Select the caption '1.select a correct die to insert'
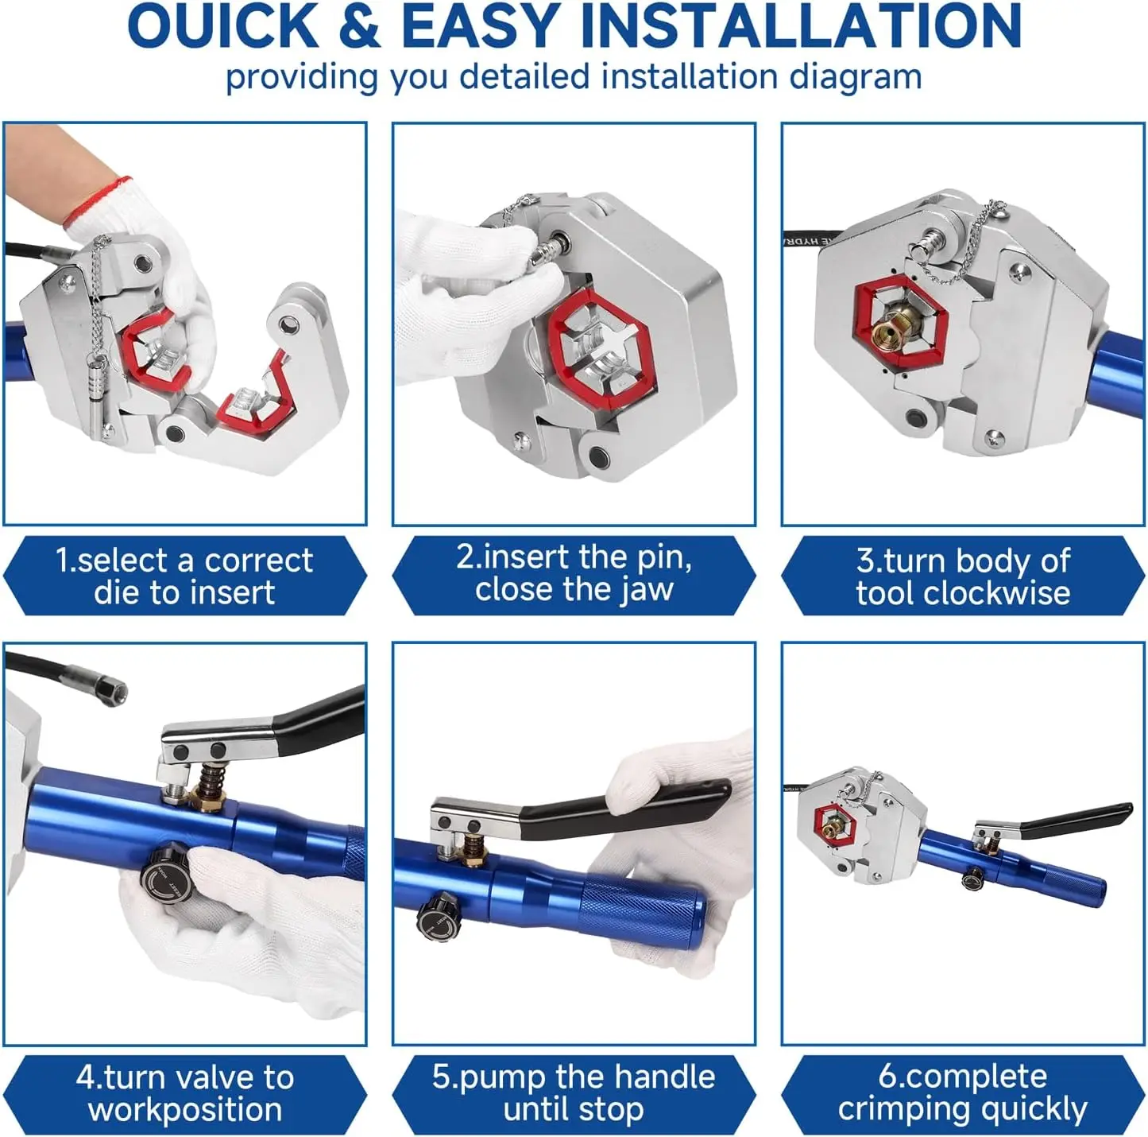(x=184, y=576)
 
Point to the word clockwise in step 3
(x=963, y=593)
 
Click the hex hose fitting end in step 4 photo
(x=112, y=690)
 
